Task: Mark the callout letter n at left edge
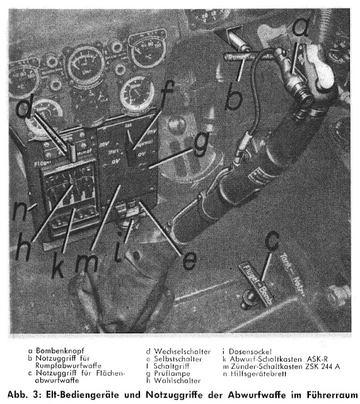coord(21,208)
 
